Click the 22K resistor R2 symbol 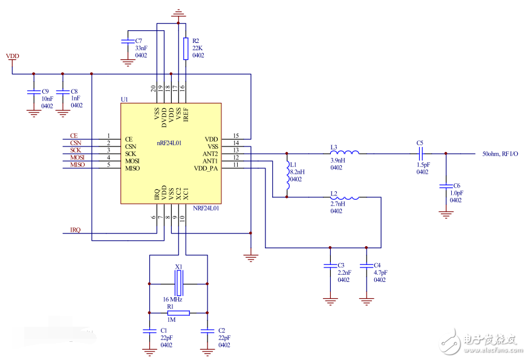click(185, 48)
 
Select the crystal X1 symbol click(178, 283)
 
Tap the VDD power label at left click(12, 56)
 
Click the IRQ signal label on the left click(75, 231)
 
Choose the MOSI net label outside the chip click(76, 157)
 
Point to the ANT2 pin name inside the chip click(210, 154)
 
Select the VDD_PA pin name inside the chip click(206, 168)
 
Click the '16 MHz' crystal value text click(172, 299)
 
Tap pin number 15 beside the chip click(236, 136)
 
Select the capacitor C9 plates click(32, 93)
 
